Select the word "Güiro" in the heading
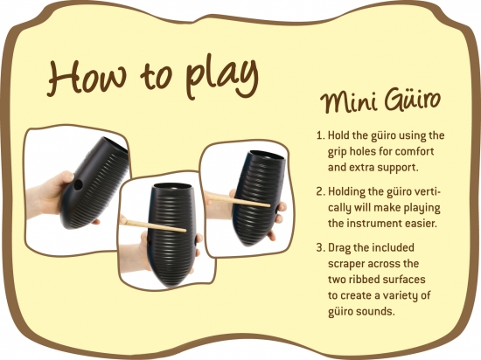[413, 99]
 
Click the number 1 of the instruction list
[320, 135]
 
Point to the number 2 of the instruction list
[320, 191]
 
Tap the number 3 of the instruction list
[320, 247]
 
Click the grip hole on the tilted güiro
[79, 184]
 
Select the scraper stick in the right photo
[239, 201]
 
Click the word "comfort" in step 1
[415, 151]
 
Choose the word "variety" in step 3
[394, 296]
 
